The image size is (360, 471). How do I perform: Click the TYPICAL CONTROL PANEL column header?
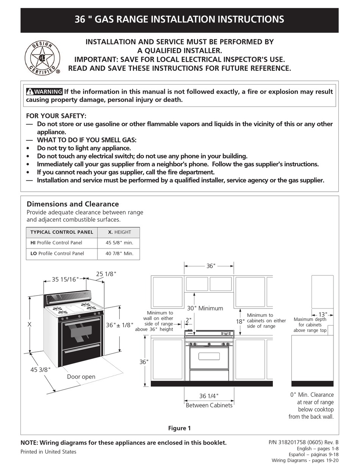(x=61, y=232)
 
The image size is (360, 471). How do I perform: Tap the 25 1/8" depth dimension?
(x=106, y=274)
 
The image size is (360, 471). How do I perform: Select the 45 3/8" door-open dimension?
(x=40, y=370)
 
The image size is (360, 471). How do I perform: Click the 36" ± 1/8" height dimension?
(x=120, y=325)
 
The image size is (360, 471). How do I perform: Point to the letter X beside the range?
(x=29, y=325)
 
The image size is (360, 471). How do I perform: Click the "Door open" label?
(x=81, y=377)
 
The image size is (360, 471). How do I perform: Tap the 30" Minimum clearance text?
(x=205, y=308)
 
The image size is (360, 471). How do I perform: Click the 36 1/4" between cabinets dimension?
(x=209, y=396)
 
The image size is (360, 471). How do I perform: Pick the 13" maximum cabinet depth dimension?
(x=322, y=315)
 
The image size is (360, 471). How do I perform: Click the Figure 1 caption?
(x=179, y=428)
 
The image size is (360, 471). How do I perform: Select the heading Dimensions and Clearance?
(x=73, y=204)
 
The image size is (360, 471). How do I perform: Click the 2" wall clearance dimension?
(x=188, y=321)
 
